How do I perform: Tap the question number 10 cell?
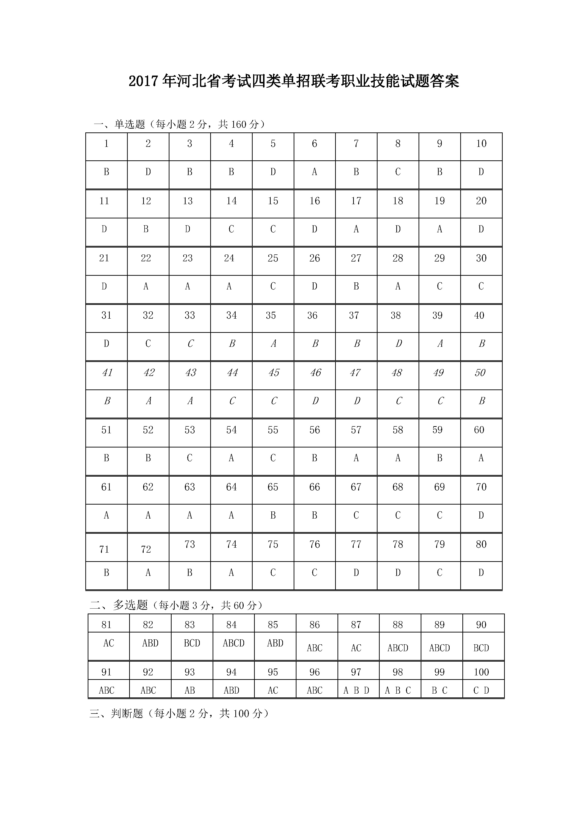pos(481,144)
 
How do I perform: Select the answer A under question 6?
pos(314,172)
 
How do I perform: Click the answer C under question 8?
pos(397,172)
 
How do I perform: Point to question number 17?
pos(356,201)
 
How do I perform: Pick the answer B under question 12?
pos(146,229)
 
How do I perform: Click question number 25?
pos(273,258)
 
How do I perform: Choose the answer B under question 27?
pos(356,286)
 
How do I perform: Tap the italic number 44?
pos(232,372)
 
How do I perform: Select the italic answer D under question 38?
pos(398,343)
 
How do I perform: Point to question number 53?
pos(189,430)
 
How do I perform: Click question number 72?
pos(146,549)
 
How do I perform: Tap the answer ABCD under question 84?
pos(233,643)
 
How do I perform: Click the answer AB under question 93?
pos(189,690)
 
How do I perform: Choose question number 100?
pos(481,672)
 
